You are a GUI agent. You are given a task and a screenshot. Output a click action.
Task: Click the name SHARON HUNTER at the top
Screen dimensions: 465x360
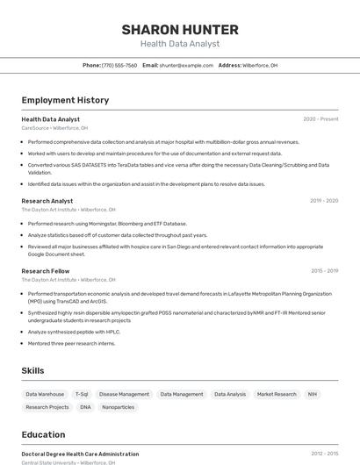tap(180, 30)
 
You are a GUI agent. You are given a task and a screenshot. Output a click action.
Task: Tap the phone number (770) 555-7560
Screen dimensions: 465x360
tap(119, 65)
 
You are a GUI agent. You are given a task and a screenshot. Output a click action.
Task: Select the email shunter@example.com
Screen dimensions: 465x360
tap(186, 65)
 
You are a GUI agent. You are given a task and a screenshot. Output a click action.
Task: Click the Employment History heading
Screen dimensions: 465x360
tap(65, 100)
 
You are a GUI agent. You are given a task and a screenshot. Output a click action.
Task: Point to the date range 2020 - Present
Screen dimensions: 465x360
tap(320, 119)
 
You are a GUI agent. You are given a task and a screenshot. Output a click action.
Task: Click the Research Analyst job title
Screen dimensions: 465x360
tap(47, 201)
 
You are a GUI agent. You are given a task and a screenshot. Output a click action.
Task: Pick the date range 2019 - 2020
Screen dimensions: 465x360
tap(324, 201)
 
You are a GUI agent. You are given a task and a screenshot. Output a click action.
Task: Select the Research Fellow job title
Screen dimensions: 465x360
tap(46, 271)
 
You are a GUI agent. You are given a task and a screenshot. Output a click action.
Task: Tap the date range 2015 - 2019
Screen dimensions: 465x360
tap(324, 271)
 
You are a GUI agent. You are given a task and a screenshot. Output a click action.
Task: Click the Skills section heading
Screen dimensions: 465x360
tap(33, 371)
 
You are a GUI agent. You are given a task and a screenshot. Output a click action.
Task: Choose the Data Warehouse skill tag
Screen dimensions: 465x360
tap(45, 395)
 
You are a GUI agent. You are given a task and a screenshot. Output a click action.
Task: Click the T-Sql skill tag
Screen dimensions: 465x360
tap(82, 395)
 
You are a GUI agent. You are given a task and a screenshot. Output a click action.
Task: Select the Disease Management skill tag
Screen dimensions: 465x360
tap(124, 395)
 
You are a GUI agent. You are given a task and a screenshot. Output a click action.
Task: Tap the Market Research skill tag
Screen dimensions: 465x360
tap(277, 395)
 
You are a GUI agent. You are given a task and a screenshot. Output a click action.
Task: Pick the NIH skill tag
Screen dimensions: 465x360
tap(313, 395)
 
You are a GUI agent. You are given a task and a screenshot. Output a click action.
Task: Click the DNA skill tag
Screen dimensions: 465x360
tap(85, 407)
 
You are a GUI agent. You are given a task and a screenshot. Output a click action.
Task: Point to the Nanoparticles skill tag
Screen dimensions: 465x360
tap(119, 407)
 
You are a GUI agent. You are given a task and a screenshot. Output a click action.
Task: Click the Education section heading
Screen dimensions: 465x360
tap(43, 434)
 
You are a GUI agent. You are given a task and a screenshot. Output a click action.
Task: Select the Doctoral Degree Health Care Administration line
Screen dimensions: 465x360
tap(80, 454)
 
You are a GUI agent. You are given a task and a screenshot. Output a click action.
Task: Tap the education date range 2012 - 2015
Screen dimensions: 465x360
tap(324, 454)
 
